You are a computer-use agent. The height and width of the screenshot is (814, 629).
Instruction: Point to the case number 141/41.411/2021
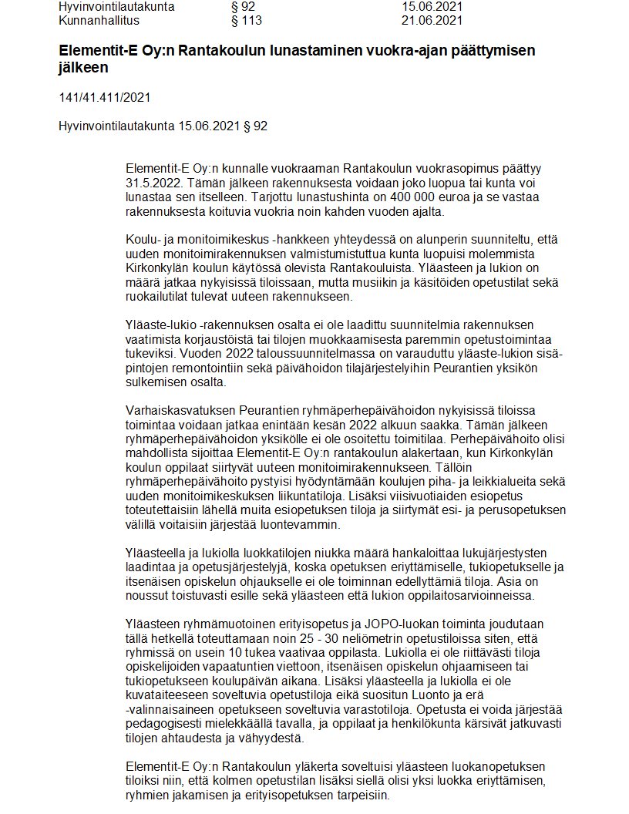click(x=104, y=97)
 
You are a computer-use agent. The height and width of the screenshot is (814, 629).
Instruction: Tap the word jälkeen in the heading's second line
click(x=82, y=68)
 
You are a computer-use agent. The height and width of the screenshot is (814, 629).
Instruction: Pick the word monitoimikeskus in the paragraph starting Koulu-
click(x=219, y=240)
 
